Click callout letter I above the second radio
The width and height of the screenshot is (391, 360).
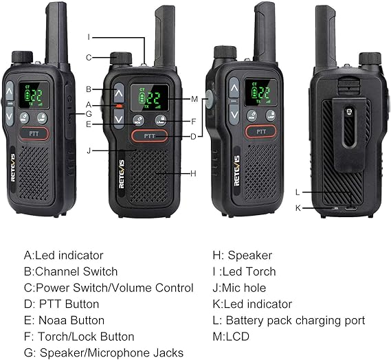click(89, 36)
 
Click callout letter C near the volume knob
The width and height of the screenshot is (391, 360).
click(89, 58)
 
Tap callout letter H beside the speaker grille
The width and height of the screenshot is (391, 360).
click(194, 172)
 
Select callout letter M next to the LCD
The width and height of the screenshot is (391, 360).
click(194, 99)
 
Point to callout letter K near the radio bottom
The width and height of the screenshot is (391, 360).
click(298, 207)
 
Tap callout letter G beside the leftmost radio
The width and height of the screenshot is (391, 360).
click(89, 112)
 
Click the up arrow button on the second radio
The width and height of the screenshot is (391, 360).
click(119, 91)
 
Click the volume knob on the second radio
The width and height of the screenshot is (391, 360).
click(121, 58)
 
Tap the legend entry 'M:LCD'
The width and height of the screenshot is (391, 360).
click(231, 336)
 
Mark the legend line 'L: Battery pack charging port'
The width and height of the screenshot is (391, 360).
click(289, 320)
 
